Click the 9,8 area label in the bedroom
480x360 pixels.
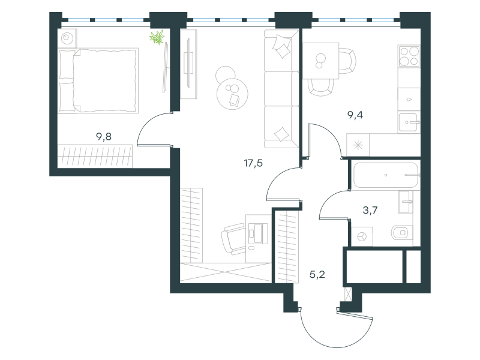click(104, 137)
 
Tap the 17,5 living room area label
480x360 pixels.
click(253, 163)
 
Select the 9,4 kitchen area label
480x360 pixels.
click(355, 115)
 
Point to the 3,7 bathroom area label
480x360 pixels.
click(370, 210)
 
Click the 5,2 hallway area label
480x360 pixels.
click(317, 274)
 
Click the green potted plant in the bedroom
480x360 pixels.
click(157, 37)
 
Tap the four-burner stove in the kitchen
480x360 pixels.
click(409, 56)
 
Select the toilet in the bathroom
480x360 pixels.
click(401, 233)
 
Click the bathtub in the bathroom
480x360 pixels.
click(386, 175)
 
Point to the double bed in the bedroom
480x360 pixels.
click(98, 80)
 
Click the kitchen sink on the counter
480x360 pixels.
click(408, 122)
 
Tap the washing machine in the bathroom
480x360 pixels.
click(362, 236)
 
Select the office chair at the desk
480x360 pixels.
click(234, 238)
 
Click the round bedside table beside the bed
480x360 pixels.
click(67, 38)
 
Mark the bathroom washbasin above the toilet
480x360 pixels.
click(406, 202)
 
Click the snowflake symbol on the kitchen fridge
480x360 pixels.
click(358, 145)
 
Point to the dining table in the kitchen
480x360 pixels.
click(321, 61)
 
